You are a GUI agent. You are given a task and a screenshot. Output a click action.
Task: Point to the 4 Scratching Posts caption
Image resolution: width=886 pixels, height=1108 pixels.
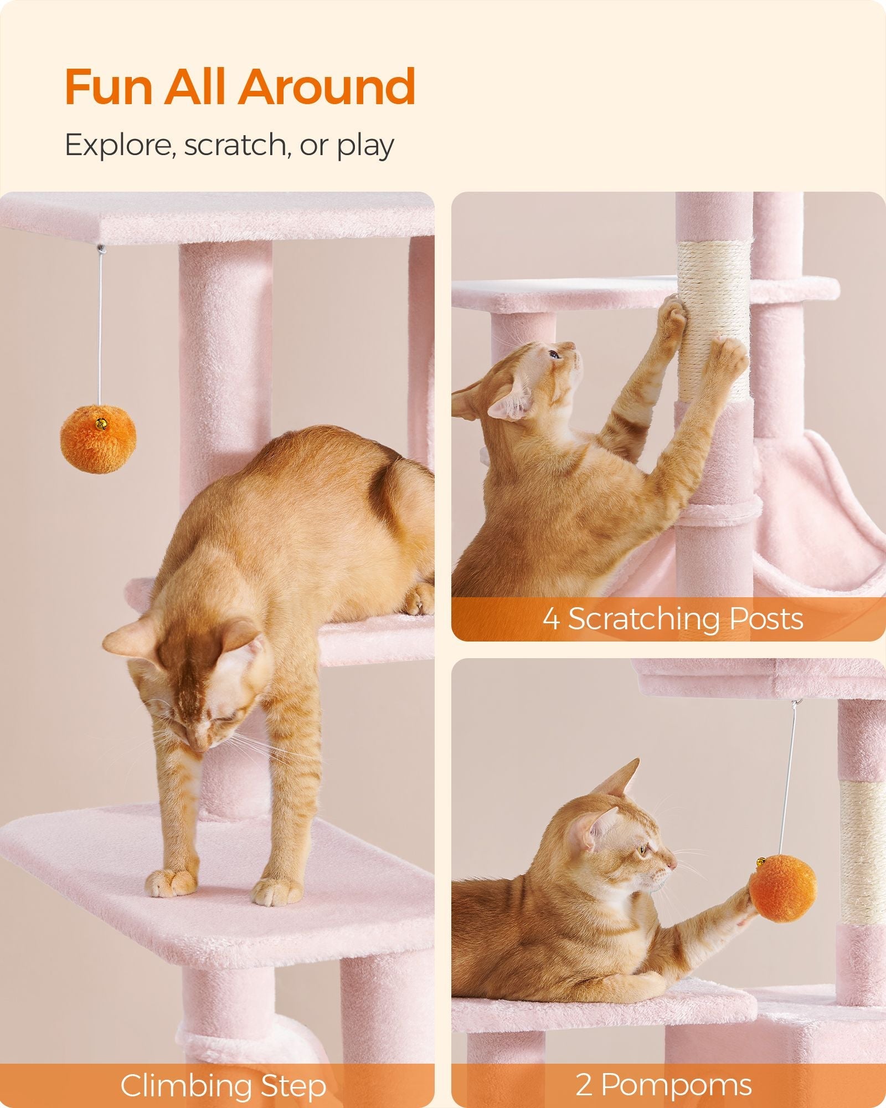point(672,619)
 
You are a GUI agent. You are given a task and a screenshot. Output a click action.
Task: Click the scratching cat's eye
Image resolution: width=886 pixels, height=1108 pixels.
point(553,355)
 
